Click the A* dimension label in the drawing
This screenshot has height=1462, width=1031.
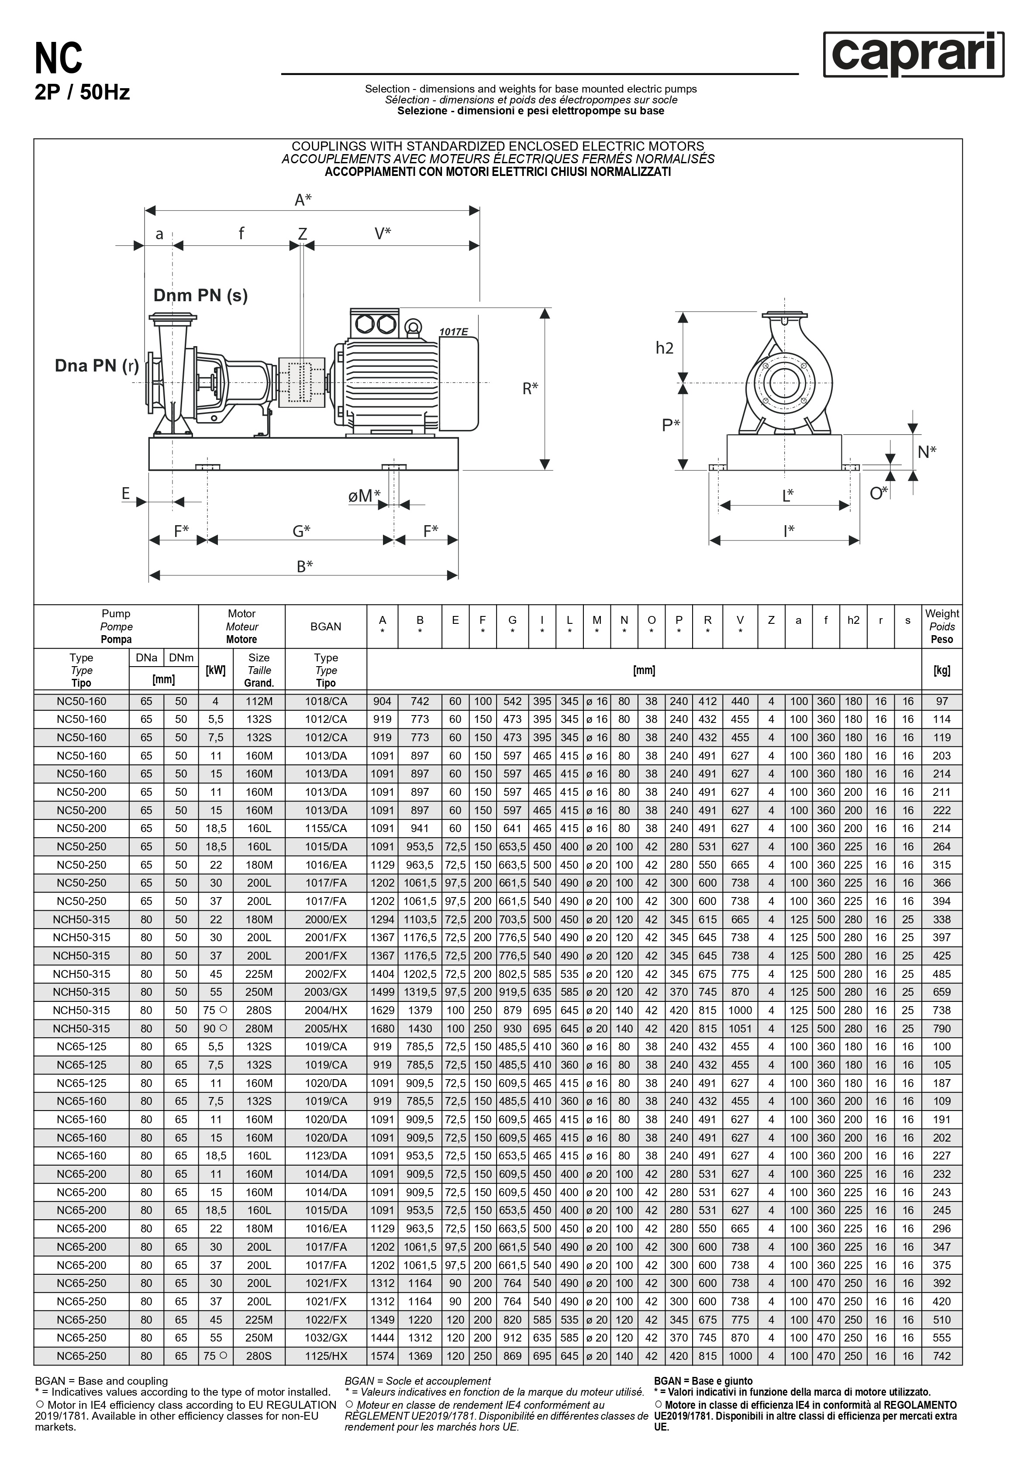pyautogui.click(x=303, y=200)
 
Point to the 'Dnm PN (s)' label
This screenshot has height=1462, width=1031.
pyautogui.click(x=200, y=296)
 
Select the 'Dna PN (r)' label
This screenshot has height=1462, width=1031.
pyautogui.click(x=97, y=365)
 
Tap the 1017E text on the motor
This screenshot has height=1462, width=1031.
pyautogui.click(x=453, y=332)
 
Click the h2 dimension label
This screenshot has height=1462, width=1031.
pyautogui.click(x=664, y=347)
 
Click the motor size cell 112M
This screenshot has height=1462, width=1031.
pyautogui.click(x=259, y=701)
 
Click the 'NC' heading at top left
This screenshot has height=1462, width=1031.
pyautogui.click(x=59, y=58)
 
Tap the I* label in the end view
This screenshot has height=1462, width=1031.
pyautogui.click(x=789, y=530)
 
